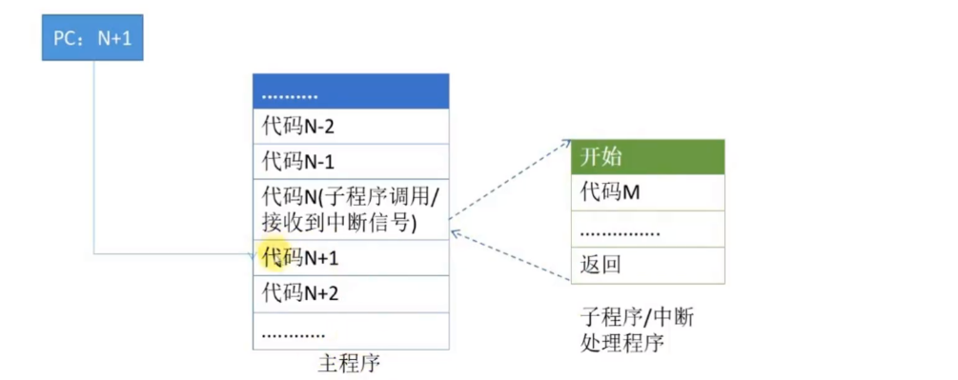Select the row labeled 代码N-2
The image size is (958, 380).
(x=350, y=126)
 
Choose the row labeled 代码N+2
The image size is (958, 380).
(x=350, y=292)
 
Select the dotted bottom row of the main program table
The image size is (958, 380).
(x=350, y=330)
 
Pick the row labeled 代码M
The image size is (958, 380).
(x=647, y=192)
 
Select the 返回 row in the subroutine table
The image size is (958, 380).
(x=647, y=265)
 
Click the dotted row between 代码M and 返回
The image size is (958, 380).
(x=647, y=230)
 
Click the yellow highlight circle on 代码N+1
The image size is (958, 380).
(x=272, y=256)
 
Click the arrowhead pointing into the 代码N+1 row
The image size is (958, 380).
(x=250, y=253)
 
